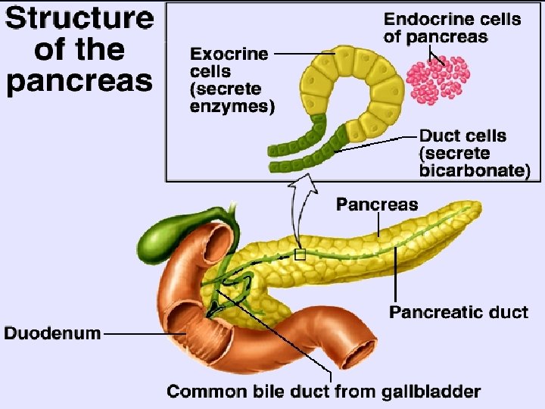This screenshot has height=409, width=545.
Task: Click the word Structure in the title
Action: click(x=79, y=18)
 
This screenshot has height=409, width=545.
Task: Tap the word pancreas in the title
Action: click(x=79, y=79)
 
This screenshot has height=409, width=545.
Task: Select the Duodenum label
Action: click(x=52, y=333)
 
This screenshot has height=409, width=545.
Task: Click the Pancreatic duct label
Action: click(x=459, y=312)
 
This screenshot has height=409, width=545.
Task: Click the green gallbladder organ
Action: click(x=163, y=236)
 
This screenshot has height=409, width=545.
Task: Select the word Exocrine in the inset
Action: click(x=229, y=54)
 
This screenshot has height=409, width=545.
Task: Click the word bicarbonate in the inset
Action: click(x=471, y=171)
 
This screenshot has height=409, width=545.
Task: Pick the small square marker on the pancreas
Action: click(x=301, y=254)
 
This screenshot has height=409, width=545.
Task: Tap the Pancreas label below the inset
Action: click(x=376, y=204)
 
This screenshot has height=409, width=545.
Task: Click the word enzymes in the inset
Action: click(x=231, y=107)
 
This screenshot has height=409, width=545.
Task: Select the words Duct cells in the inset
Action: click(x=462, y=136)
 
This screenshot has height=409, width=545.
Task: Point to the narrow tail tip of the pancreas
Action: click(x=475, y=206)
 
